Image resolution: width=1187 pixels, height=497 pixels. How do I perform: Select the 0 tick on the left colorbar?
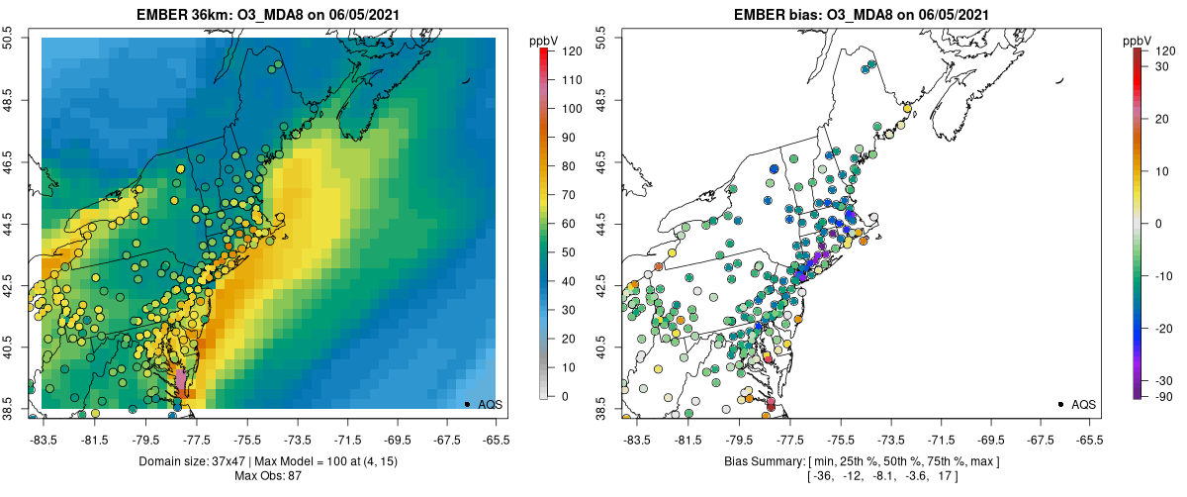coord(564,396)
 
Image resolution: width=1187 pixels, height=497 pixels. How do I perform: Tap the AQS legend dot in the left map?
coord(466,404)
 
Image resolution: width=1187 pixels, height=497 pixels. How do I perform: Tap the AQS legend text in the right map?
coord(1084,405)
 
